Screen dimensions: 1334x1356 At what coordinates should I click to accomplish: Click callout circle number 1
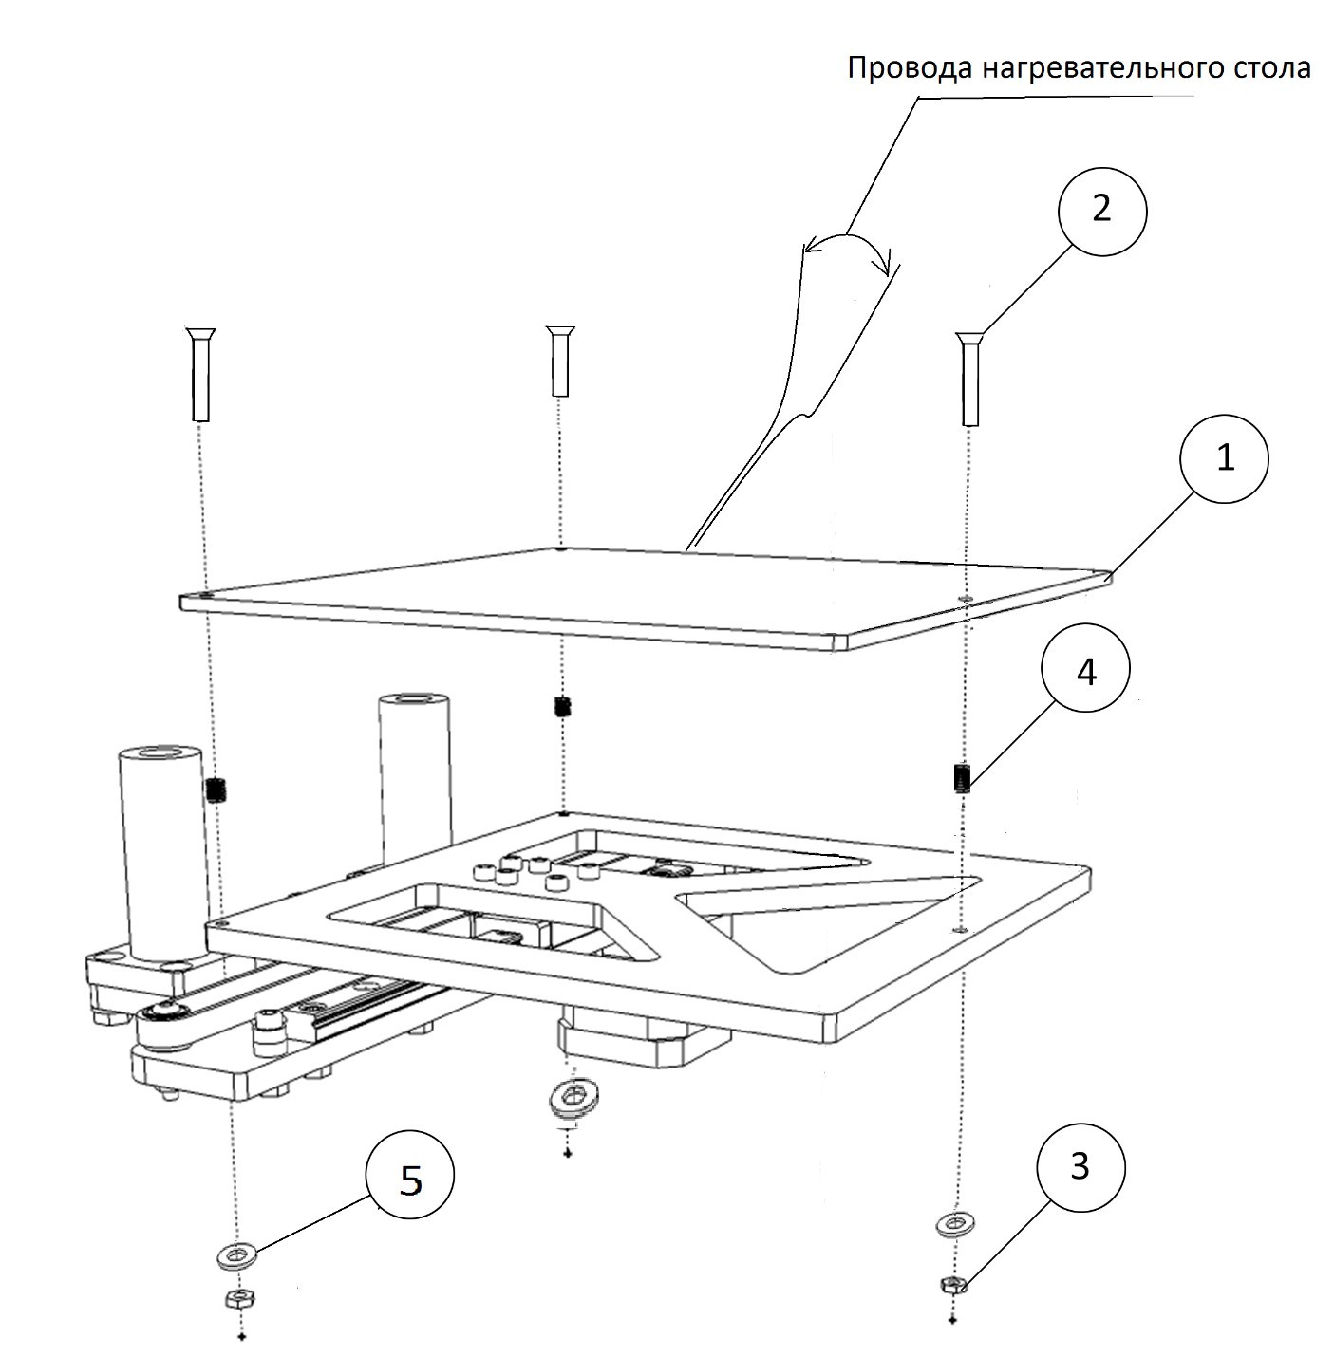pyautogui.click(x=1225, y=458)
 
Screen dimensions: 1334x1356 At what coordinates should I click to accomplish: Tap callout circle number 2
pyautogui.click(x=1102, y=211)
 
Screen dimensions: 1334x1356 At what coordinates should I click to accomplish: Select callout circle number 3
pyautogui.click(x=1081, y=1167)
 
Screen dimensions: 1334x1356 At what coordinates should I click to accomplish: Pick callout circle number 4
pyautogui.click(x=1086, y=667)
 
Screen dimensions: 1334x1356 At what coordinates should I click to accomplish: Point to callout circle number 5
pyautogui.click(x=410, y=1176)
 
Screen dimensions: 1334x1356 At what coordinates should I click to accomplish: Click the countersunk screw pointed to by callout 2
pyautogui.click(x=969, y=379)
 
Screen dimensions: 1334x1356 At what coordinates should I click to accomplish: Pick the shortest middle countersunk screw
pyautogui.click(x=560, y=361)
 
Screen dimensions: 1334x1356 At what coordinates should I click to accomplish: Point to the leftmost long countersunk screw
pyautogui.click(x=200, y=375)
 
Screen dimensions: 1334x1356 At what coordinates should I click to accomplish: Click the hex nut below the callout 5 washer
pyautogui.click(x=239, y=1299)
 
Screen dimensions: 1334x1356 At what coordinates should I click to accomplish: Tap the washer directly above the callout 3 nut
pyautogui.click(x=956, y=1224)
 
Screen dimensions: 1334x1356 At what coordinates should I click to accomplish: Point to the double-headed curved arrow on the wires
pyautogui.click(x=849, y=243)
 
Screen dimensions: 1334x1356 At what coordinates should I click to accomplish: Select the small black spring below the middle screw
pyautogui.click(x=561, y=706)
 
